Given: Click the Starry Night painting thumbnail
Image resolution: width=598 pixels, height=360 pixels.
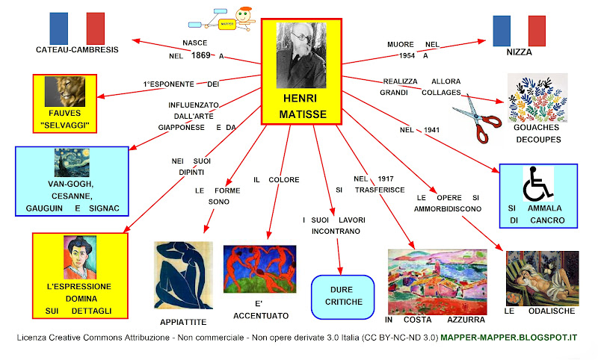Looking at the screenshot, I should [72, 162].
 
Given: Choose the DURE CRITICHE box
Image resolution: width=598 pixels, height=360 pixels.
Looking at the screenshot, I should [342, 295].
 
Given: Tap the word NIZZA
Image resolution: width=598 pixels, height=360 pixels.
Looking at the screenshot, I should [527, 53].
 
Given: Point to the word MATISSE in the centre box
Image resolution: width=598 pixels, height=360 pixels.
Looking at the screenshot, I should [301, 115].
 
